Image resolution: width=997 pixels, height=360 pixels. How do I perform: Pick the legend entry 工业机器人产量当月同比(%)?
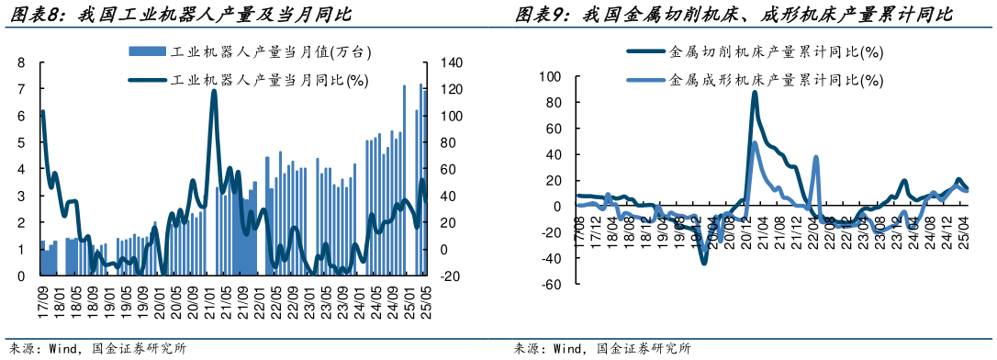248,80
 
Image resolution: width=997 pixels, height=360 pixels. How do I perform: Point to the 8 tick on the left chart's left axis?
21,63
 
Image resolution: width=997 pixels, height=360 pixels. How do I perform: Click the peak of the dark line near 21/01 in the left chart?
214,91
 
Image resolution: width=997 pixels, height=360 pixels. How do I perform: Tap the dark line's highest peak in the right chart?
755,92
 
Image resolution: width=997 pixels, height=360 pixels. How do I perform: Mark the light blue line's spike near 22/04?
816,158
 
